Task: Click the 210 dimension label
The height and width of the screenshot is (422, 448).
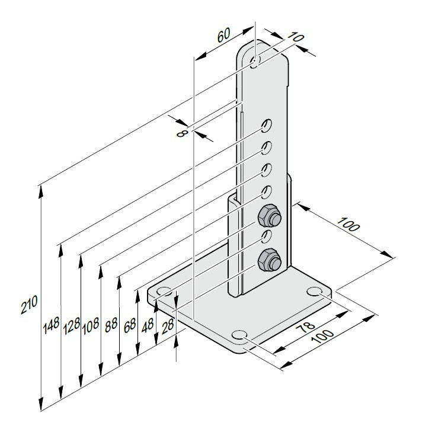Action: coord(29,305)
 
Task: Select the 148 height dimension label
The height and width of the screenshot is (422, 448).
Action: coord(51,325)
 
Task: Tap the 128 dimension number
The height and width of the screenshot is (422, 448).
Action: coord(72,326)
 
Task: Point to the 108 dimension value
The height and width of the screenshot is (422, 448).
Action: coord(91,325)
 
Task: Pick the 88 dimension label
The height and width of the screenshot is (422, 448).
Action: coord(111,325)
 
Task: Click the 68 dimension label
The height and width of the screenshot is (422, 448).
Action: coord(130,325)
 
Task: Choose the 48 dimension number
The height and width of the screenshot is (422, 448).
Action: coord(148,326)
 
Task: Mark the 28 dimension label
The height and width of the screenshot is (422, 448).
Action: coord(168,327)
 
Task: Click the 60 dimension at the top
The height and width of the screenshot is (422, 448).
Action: coord(224,35)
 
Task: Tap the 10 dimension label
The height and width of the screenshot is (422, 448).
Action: coord(295,37)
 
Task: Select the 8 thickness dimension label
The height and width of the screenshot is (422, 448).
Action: coord(182,133)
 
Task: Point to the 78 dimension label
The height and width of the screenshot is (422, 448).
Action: coord(305,326)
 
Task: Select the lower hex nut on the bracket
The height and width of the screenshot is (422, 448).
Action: coord(269,260)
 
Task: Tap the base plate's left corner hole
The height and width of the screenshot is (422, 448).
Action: coord(164,292)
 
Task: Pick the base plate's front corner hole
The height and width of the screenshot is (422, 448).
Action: coord(239,335)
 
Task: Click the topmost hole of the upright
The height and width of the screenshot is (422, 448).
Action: coord(255,62)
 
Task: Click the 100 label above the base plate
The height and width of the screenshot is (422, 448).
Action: coord(347,224)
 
